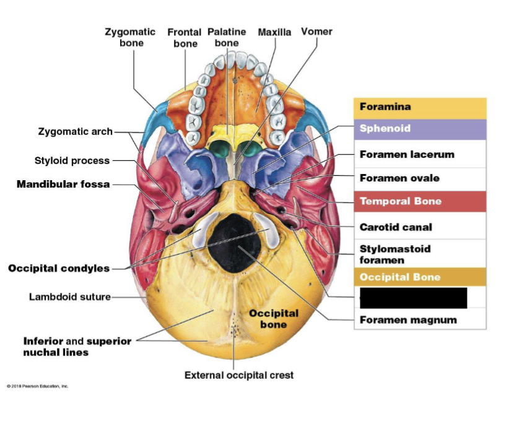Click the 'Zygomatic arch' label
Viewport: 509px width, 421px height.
(76, 131)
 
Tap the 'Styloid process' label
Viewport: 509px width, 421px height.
(72, 160)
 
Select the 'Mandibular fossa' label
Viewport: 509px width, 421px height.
(63, 184)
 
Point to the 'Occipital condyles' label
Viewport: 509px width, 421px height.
(59, 268)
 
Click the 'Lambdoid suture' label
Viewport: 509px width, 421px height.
(69, 297)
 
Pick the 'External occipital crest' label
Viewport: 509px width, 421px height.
(239, 375)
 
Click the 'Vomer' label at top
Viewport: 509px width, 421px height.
(316, 32)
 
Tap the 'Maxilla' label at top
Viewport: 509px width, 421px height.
(274, 32)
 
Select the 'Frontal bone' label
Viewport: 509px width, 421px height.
(185, 37)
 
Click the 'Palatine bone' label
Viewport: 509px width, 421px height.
(227, 37)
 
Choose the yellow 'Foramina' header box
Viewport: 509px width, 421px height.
(420, 107)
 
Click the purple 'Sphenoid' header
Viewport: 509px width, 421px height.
(420, 129)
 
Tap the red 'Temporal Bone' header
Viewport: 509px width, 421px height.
(420, 201)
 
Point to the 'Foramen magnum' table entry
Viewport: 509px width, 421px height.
(408, 320)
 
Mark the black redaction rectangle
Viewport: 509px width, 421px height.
(413, 297)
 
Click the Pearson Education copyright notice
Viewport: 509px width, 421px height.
(38, 386)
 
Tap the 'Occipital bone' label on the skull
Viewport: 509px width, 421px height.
(273, 318)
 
